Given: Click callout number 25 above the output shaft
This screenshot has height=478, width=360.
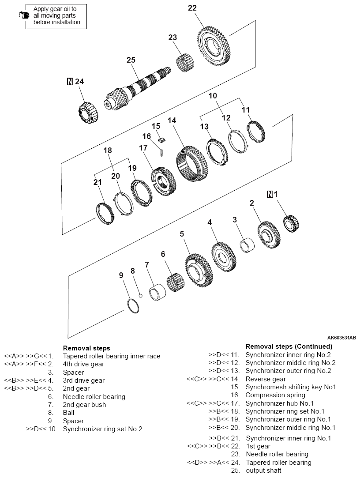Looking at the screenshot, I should tap(131, 60).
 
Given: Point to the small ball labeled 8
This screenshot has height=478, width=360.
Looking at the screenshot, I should tap(140, 296).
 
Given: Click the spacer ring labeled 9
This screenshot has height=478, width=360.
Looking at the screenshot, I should tap(133, 306).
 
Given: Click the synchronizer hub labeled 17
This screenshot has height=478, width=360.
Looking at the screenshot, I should tap(163, 181).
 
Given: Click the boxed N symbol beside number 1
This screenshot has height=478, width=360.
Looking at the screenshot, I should tap(270, 194).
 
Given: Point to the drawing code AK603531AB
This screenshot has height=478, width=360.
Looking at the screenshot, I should tap(341, 337).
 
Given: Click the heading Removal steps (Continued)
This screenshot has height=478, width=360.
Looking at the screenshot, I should tap(289, 346).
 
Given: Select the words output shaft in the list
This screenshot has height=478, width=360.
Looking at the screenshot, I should tap(263, 470).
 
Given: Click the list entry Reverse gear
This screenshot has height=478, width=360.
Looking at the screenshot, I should tap(266, 379).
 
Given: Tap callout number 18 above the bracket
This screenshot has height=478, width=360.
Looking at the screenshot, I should tap(108, 151).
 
